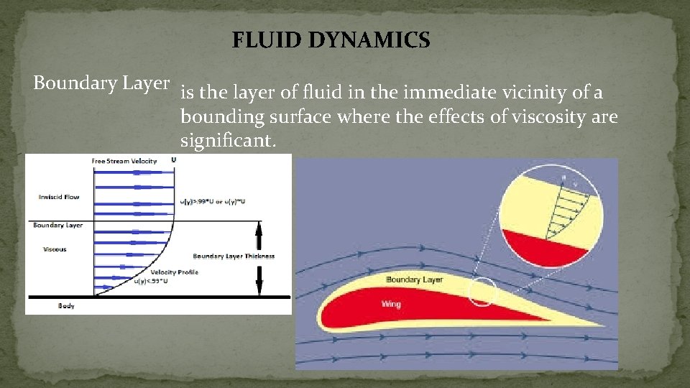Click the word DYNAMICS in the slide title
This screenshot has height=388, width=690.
tap(369, 40)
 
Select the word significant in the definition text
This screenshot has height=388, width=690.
tap(226, 141)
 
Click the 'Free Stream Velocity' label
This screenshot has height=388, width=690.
tap(124, 161)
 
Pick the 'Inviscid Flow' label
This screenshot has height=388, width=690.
tap(59, 196)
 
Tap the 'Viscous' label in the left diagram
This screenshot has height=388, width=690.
tap(55, 249)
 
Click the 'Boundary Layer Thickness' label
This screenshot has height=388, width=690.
tap(234, 256)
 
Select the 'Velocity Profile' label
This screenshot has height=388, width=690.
tap(175, 272)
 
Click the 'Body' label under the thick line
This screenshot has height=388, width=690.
tap(66, 306)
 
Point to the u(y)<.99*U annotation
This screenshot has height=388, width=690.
tap(151, 281)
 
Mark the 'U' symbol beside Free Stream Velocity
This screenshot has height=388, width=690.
tap(173, 160)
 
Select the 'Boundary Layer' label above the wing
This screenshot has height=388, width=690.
tap(414, 279)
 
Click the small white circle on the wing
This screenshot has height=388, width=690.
tap(482, 291)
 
